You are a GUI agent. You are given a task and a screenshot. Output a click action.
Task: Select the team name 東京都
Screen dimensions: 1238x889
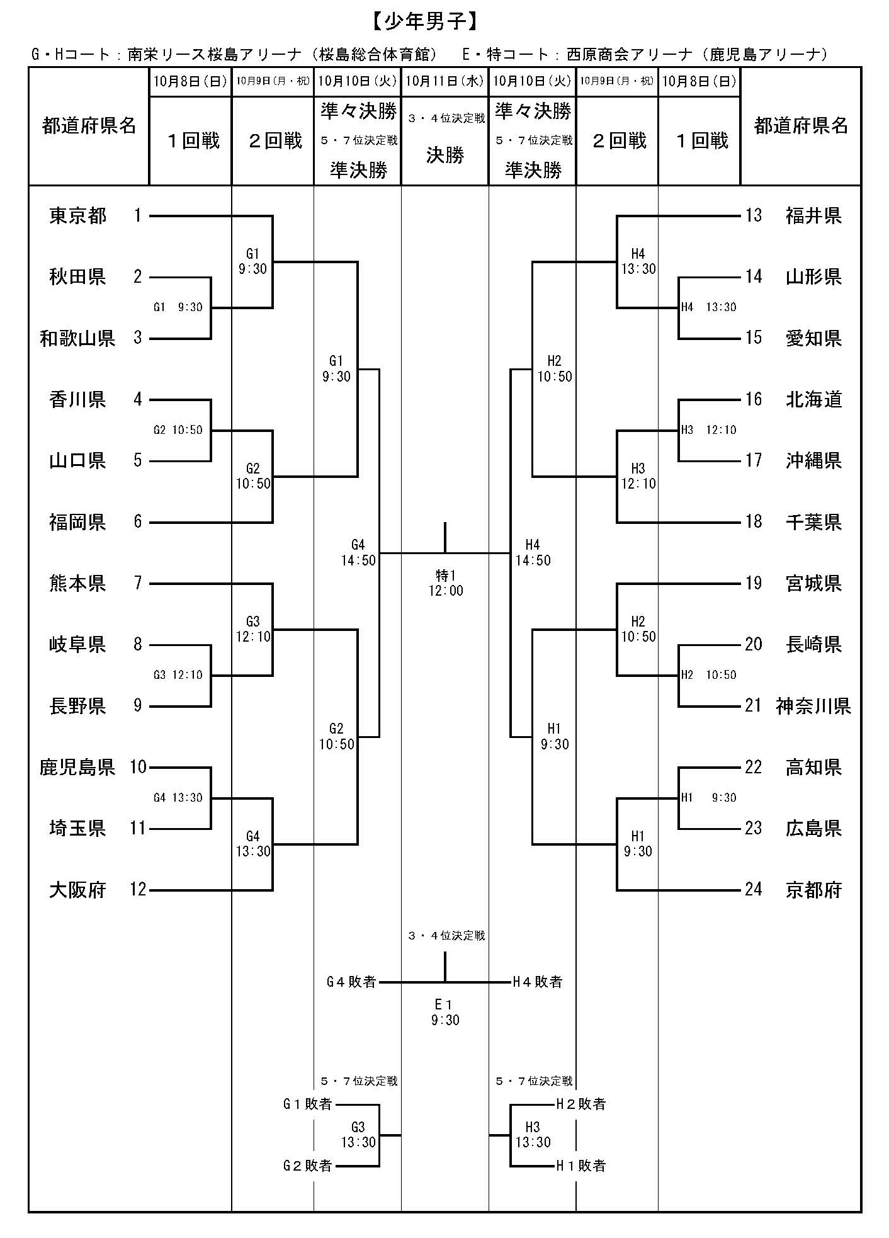[x=77, y=217]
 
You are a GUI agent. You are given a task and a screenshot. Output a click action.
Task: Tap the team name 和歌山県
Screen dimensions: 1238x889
[x=77, y=339]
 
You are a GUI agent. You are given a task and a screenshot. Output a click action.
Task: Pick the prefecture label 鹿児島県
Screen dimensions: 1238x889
[x=77, y=767]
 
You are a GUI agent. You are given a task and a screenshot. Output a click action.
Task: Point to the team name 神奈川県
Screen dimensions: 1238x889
[x=813, y=706]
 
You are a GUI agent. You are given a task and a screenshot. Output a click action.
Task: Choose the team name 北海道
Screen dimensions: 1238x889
[x=813, y=399]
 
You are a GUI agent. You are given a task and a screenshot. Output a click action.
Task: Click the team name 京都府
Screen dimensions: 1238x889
[x=813, y=890]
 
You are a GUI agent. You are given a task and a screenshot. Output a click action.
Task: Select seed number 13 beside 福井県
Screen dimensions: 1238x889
[x=754, y=216]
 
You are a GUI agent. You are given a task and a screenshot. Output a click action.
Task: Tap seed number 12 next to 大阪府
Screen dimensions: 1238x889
[x=138, y=890]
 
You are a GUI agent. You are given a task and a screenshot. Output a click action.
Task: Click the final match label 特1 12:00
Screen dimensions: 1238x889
[x=445, y=582]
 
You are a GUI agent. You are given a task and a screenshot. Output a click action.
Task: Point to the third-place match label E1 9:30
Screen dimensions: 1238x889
[x=445, y=1012]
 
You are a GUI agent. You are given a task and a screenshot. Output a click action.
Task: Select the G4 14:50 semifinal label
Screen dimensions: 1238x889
[x=358, y=552]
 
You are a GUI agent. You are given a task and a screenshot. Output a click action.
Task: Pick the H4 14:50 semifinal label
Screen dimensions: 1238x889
[x=533, y=552]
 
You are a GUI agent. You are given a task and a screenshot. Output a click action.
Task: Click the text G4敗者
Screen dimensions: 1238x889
[x=351, y=981]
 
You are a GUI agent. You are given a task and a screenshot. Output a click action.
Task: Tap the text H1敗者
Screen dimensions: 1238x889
[x=580, y=1166]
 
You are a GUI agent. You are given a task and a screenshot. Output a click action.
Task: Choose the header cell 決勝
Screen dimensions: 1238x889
[x=445, y=156]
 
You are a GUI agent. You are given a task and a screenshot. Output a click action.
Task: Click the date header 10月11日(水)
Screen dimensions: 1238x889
[x=444, y=81]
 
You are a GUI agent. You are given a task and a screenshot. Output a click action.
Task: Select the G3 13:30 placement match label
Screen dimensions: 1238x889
[x=358, y=1135]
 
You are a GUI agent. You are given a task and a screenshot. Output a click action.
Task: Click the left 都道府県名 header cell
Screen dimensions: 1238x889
[x=89, y=126]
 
